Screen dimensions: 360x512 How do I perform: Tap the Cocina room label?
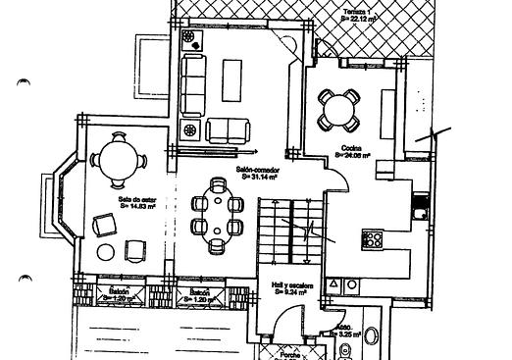tap(351, 147)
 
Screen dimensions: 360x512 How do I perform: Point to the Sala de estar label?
tap(133, 199)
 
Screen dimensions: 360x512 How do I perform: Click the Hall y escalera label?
tap(292, 283)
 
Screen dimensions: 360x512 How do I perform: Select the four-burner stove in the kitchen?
tap(373, 237)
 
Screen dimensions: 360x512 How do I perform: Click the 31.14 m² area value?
tap(259, 178)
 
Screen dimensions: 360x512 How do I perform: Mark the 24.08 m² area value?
tap(351, 154)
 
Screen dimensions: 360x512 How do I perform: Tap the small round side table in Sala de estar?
tap(105, 251)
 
